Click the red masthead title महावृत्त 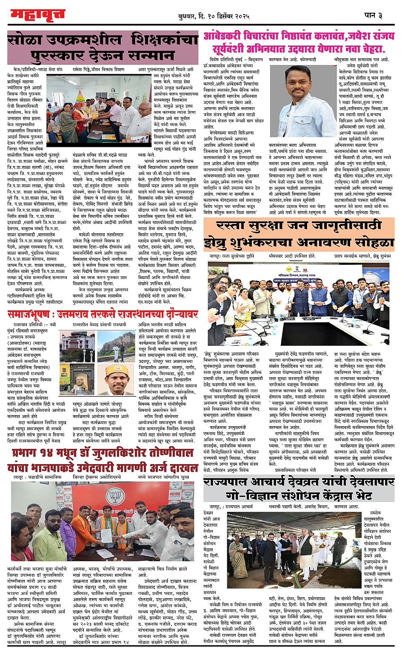coord(37,14)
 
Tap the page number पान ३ coord(373,15)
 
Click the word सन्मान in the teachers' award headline coord(151,55)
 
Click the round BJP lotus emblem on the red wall coord(115,496)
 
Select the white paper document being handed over coord(107,535)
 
